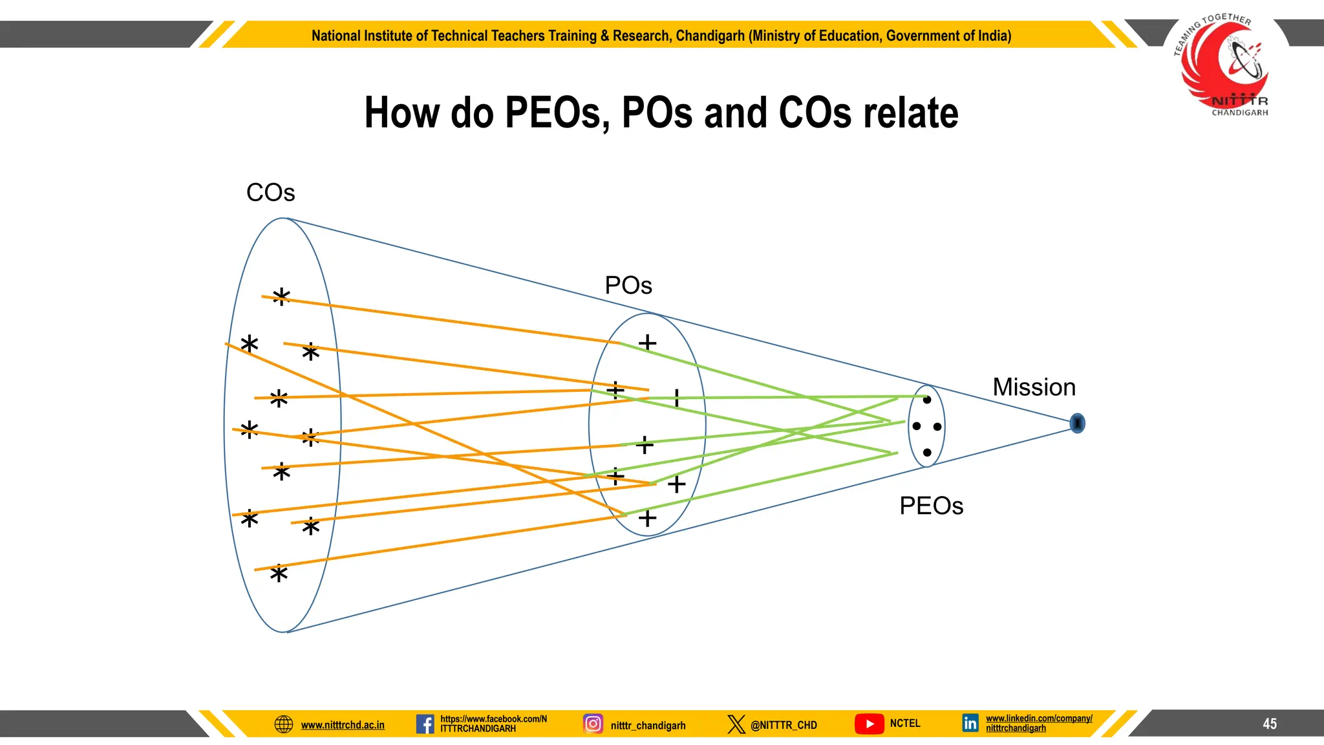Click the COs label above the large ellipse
(270, 193)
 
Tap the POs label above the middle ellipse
(628, 285)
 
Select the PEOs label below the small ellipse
(931, 506)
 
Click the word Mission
(1034, 387)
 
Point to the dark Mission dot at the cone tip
(1077, 423)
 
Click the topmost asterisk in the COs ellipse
(281, 297)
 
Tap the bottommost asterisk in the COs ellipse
(279, 574)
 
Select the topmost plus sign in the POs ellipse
(647, 342)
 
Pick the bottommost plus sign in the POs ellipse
(647, 518)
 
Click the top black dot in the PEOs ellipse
(927, 400)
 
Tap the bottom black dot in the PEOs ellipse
(927, 453)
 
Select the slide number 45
(1270, 724)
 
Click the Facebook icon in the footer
(425, 724)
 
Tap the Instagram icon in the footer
(593, 724)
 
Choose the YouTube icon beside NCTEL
(869, 724)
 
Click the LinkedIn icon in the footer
(970, 723)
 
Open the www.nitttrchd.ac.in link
(343, 725)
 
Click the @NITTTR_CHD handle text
(784, 725)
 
